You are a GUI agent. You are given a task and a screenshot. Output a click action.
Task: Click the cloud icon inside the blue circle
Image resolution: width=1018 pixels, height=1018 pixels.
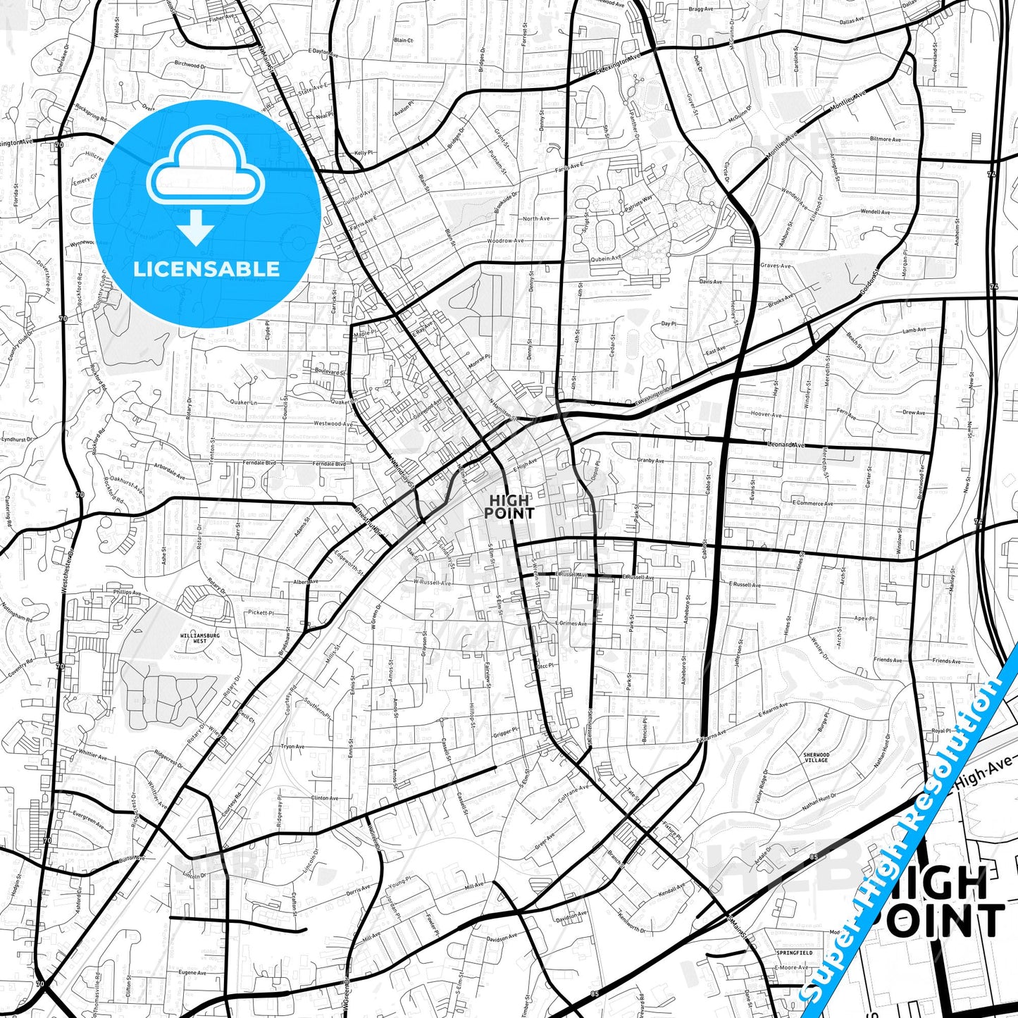pyautogui.click(x=206, y=172)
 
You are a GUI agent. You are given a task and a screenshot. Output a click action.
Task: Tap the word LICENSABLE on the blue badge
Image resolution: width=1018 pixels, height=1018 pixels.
pyautogui.click(x=206, y=269)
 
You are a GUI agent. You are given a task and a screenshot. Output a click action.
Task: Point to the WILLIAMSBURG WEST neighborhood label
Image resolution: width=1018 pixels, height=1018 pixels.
pyautogui.click(x=200, y=638)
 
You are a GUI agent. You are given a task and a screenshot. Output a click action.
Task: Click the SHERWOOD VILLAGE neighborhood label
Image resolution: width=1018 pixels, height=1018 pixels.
pyautogui.click(x=817, y=757)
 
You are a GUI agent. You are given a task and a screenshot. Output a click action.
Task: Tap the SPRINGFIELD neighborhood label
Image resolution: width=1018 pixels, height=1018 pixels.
pyautogui.click(x=794, y=952)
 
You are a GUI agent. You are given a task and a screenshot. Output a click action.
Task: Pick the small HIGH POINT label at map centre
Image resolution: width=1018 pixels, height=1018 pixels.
pyautogui.click(x=509, y=507)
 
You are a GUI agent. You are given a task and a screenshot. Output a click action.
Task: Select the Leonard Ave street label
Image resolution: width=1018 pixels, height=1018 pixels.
pyautogui.click(x=786, y=445)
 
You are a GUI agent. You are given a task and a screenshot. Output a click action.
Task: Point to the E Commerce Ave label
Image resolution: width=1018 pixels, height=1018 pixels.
pyautogui.click(x=812, y=504)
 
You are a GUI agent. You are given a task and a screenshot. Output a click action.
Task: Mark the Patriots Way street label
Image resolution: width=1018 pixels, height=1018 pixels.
pyautogui.click(x=638, y=204)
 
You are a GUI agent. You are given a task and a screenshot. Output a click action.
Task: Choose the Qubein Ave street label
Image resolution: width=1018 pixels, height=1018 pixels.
pyautogui.click(x=607, y=259)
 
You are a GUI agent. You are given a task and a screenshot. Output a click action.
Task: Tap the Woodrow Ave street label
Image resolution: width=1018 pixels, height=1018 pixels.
pyautogui.click(x=505, y=241)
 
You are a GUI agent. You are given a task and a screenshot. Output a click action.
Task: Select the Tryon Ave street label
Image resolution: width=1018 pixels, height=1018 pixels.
pyautogui.click(x=292, y=747)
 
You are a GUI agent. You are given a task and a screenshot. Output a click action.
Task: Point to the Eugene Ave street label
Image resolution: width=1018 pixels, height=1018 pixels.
pyautogui.click(x=192, y=973)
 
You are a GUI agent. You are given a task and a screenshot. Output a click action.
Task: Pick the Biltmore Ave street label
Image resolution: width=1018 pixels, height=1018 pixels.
pyautogui.click(x=886, y=139)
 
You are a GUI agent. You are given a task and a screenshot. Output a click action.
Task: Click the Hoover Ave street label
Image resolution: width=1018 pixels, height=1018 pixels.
pyautogui.click(x=766, y=414)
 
